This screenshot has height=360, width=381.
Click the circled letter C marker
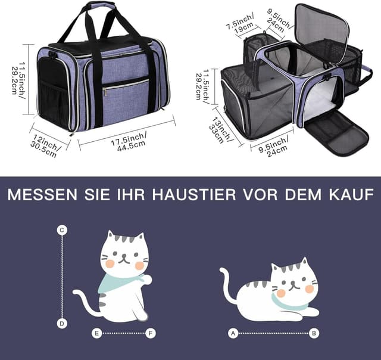62,229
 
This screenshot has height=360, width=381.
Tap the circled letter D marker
62,323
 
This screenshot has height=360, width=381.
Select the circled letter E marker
96,333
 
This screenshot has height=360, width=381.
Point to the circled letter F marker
151,333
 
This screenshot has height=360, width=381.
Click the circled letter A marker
233,333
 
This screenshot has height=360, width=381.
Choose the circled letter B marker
314,333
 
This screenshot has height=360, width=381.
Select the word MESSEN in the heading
39,195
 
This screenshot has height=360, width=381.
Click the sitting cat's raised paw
146,279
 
